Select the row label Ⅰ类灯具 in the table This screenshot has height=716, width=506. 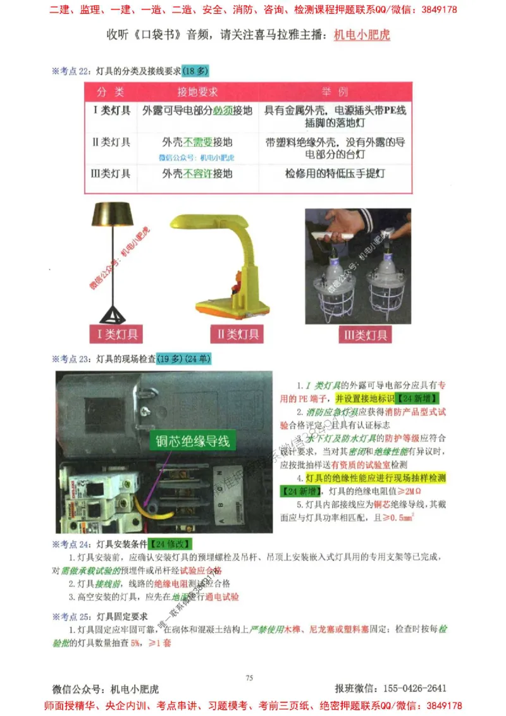click(x=112, y=111)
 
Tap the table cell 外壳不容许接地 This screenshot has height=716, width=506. click(x=197, y=173)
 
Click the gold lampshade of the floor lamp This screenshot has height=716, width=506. click(x=113, y=214)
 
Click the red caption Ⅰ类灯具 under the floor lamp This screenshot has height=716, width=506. click(x=114, y=334)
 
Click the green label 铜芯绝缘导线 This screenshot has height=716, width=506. click(x=189, y=441)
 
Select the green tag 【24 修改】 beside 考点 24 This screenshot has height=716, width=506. click(x=170, y=544)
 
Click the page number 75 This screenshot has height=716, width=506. click(x=249, y=678)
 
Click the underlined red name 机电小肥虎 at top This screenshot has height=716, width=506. click(x=362, y=35)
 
